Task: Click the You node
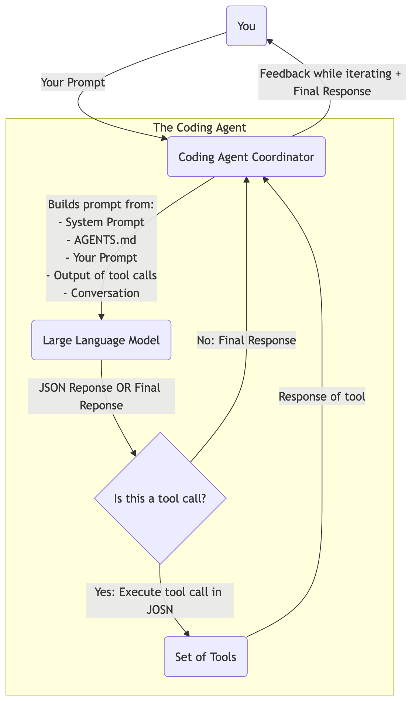(246, 26)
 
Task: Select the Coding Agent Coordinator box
(246, 157)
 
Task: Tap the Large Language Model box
(101, 340)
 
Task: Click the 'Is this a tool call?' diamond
(160, 498)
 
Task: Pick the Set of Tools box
(206, 657)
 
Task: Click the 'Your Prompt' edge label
(73, 82)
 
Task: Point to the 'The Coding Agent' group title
(200, 127)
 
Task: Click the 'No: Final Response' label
(246, 340)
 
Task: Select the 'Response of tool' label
(322, 397)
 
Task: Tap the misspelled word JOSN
(160, 609)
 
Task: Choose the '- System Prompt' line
(102, 222)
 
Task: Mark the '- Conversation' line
(102, 293)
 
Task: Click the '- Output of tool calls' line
(102, 275)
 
